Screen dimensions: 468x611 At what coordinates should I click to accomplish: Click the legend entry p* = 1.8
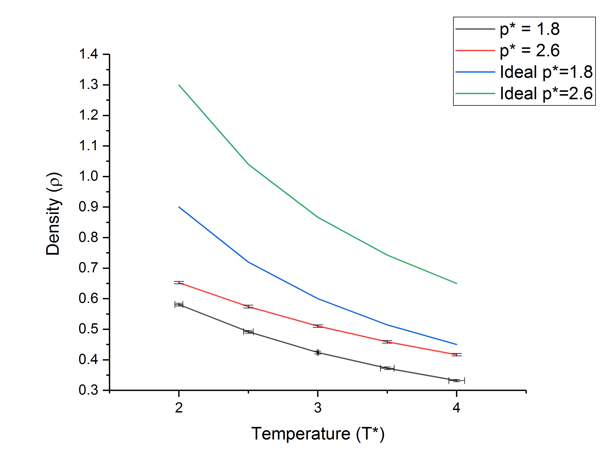pyautogui.click(x=530, y=29)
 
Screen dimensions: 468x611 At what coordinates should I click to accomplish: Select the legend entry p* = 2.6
pyautogui.click(x=530, y=51)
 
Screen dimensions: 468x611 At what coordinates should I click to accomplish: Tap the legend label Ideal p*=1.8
pyautogui.click(x=546, y=72)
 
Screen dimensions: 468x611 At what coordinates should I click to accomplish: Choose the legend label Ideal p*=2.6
pyautogui.click(x=546, y=94)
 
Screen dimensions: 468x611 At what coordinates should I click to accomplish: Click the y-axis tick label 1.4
pyautogui.click(x=89, y=54)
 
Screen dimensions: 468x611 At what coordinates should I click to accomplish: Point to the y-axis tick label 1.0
pyautogui.click(x=89, y=176)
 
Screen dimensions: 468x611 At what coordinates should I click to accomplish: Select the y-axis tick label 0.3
pyautogui.click(x=89, y=390)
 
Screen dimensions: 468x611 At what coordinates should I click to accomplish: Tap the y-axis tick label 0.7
pyautogui.click(x=89, y=268)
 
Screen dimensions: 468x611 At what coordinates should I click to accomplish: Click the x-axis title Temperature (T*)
pyautogui.click(x=318, y=434)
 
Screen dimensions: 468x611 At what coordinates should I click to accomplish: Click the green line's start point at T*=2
pyautogui.click(x=179, y=85)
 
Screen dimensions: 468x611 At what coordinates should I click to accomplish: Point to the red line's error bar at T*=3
pyautogui.click(x=318, y=326)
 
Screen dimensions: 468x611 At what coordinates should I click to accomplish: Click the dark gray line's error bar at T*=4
pyautogui.click(x=456, y=381)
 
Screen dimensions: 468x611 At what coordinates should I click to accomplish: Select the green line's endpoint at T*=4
pyautogui.click(x=456, y=283)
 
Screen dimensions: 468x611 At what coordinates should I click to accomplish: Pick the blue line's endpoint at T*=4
pyautogui.click(x=456, y=344)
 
